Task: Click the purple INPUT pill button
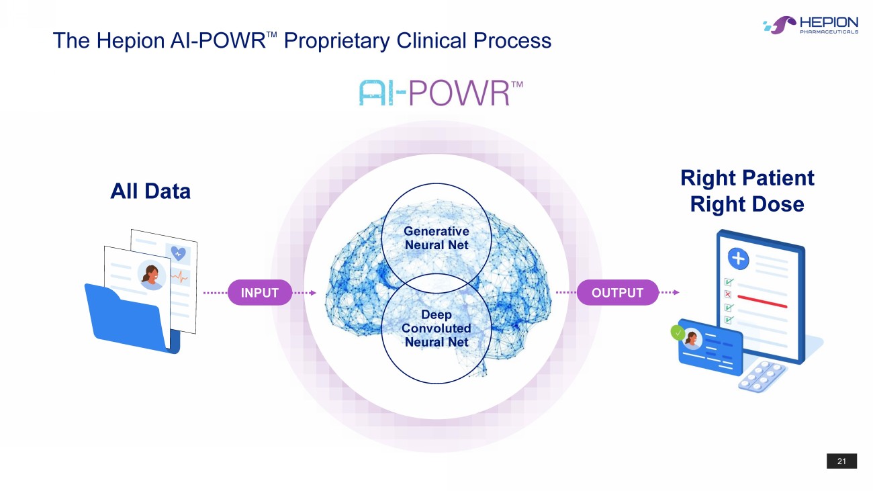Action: pos(260,293)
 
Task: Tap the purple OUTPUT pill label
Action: pos(617,293)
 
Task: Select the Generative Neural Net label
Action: pos(436,238)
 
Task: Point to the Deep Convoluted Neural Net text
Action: pos(436,328)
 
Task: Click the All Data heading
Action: pos(150,191)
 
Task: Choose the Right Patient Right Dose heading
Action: pos(747,191)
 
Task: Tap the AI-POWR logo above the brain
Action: pos(441,93)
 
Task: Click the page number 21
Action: pos(841,461)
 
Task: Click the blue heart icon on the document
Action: pos(178,253)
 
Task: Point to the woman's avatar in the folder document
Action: pos(151,275)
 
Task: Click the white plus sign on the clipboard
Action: pos(738,257)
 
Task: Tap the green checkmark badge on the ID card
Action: pos(678,332)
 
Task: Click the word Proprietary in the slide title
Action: pos(337,41)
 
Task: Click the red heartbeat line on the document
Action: pos(179,276)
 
